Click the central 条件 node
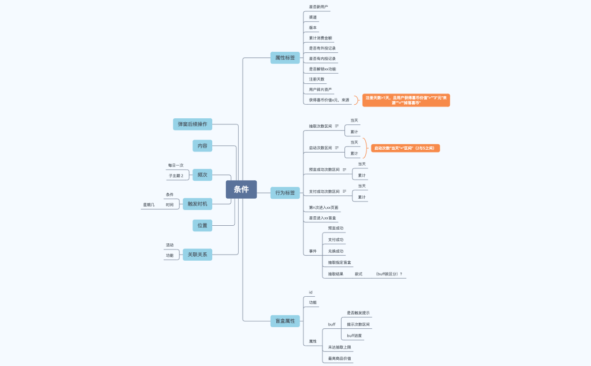(x=241, y=190)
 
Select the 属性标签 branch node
(x=285, y=57)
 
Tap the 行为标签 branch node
(x=285, y=193)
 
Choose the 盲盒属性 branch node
(x=285, y=321)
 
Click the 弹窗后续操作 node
(x=192, y=124)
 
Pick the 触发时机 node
(x=197, y=204)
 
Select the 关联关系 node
(x=197, y=255)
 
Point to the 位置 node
(x=202, y=225)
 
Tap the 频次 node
(x=202, y=175)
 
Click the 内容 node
(x=202, y=146)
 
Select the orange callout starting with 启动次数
(x=405, y=148)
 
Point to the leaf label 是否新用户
(x=318, y=7)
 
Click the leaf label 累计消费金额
(x=320, y=38)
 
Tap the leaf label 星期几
(x=149, y=205)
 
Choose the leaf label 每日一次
(x=176, y=166)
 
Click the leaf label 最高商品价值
(x=339, y=358)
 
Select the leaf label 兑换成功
(x=335, y=251)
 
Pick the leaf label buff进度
(x=354, y=336)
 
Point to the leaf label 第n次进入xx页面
(x=324, y=208)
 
